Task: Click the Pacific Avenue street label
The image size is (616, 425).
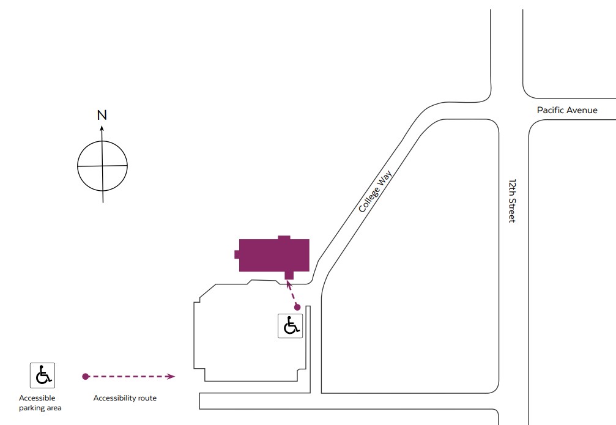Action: point(567,110)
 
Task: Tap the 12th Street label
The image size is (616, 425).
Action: point(512,201)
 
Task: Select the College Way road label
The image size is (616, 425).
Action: point(375,191)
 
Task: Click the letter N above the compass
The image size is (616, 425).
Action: point(102,115)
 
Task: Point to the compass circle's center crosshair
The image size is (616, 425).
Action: point(103,166)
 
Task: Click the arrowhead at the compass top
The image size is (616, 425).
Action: point(102,128)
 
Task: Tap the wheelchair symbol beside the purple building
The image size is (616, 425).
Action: point(291,325)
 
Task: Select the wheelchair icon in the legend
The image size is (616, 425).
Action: point(42,375)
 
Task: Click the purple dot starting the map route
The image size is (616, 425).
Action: point(297,307)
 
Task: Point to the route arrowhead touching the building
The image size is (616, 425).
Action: point(288,284)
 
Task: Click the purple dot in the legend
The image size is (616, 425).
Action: point(85,376)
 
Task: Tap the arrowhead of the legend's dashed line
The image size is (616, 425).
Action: point(171,376)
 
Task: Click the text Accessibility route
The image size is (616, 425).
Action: point(125,398)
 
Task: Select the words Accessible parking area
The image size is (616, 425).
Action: point(40,403)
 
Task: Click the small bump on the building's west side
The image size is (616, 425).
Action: point(237,254)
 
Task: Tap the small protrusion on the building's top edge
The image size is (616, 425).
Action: point(284,238)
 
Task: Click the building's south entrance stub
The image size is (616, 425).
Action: point(289,275)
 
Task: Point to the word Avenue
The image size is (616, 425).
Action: point(582,110)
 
